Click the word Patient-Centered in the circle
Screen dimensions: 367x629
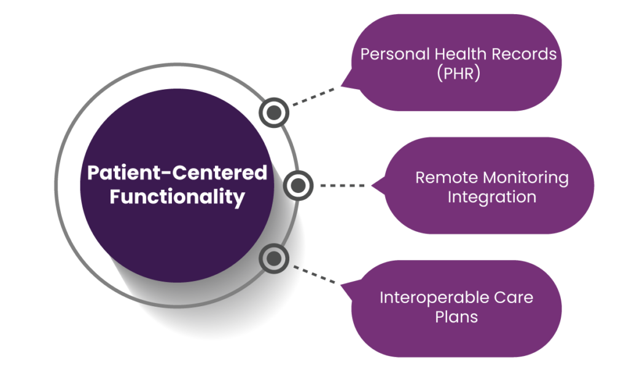[177, 173]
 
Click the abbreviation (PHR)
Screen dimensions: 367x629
[458, 74]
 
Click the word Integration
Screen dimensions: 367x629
[491, 197]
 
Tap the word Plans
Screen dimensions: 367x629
[456, 317]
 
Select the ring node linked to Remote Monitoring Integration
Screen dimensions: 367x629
[298, 185]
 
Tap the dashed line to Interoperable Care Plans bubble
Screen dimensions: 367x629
[314, 275]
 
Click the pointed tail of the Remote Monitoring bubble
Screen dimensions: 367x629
[374, 185]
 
